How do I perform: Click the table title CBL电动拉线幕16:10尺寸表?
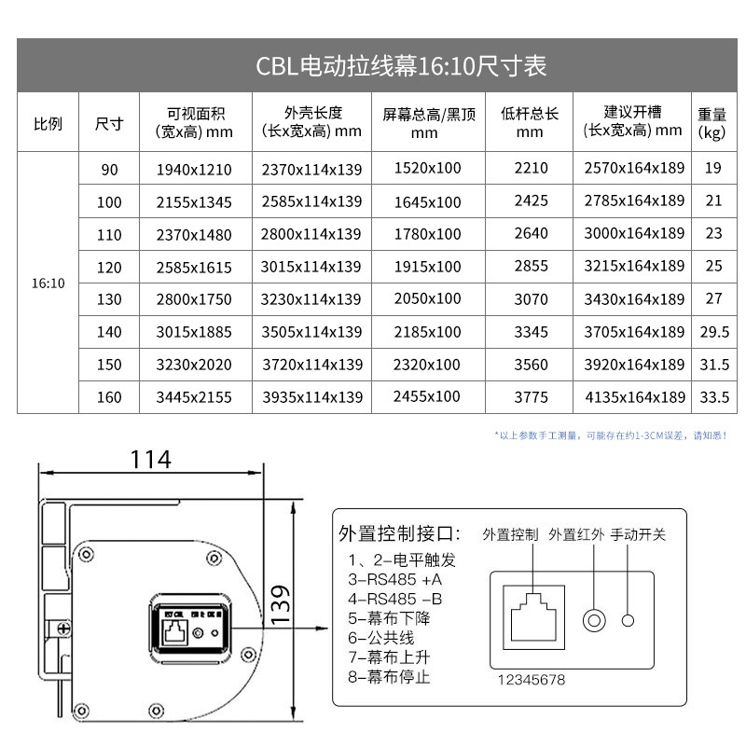coord(401,66)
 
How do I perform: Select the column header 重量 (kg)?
coord(711,122)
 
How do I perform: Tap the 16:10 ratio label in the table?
coord(48,283)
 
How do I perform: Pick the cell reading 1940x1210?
coord(195,170)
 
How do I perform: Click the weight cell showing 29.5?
coord(713,332)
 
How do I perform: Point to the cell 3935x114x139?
coord(311,397)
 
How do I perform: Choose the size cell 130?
coord(110,299)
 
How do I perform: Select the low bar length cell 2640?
coord(531,234)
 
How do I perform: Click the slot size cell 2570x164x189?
coord(634,169)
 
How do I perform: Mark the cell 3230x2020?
coord(195,365)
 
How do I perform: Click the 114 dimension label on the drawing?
coord(150,459)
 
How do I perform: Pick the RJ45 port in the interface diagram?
coord(532,616)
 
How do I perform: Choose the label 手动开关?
coord(638,534)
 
